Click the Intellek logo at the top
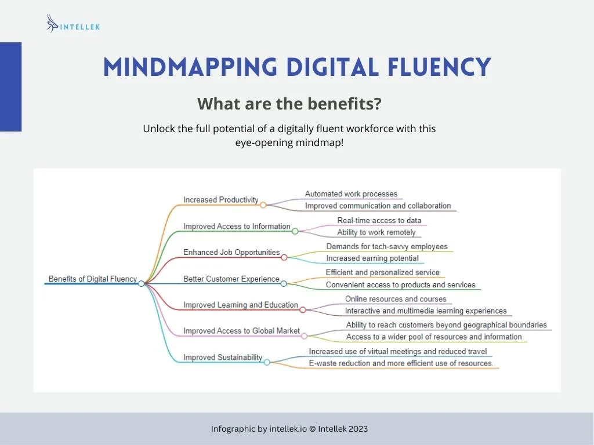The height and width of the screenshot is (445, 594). (x=73, y=24)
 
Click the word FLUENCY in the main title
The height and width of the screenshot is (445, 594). (x=440, y=67)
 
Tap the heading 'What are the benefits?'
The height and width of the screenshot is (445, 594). (x=289, y=104)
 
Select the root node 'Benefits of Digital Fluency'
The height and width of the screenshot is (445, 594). (x=92, y=279)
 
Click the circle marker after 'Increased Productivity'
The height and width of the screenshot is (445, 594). (x=263, y=205)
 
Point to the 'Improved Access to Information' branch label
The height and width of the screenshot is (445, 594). (x=237, y=227)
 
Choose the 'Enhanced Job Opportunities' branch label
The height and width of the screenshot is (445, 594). (x=231, y=253)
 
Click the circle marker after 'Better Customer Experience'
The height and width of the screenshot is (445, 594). (x=284, y=283)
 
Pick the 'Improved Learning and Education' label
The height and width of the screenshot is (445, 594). (x=241, y=305)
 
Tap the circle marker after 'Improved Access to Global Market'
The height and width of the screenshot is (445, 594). (x=304, y=336)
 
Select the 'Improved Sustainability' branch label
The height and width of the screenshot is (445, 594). (x=223, y=358)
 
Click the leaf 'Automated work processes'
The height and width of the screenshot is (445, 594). (x=351, y=194)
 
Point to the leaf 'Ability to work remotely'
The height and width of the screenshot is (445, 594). (x=376, y=232)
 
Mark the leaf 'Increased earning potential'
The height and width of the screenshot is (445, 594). (x=372, y=258)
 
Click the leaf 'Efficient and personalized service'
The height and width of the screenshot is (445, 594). (x=383, y=272)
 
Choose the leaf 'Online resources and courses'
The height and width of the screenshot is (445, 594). (x=396, y=299)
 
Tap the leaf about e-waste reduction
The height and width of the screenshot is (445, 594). (x=401, y=363)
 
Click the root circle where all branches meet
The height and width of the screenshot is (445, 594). (x=142, y=283)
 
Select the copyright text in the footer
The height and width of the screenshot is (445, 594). (x=289, y=429)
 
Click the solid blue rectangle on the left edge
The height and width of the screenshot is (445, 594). (x=10, y=87)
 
